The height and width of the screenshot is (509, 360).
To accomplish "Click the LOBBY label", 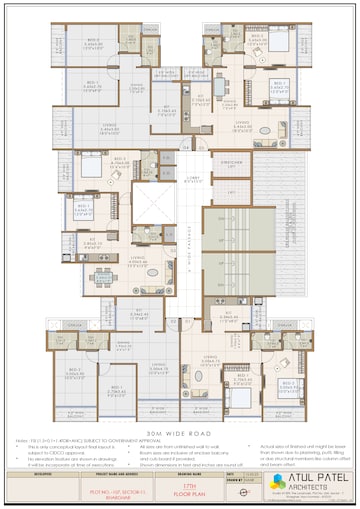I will (x=194, y=180).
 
